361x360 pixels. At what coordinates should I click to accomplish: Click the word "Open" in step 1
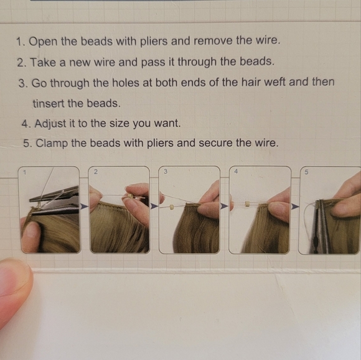[x=43, y=42]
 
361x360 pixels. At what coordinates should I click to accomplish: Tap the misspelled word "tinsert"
[x=48, y=103]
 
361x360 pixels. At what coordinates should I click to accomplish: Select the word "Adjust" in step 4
[x=50, y=124]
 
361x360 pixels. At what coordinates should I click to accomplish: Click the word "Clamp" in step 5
[x=52, y=143]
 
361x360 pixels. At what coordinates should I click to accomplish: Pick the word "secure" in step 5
[x=215, y=143]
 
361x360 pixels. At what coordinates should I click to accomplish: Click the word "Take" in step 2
[x=43, y=62]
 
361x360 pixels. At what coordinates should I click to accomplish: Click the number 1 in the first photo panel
[x=25, y=172]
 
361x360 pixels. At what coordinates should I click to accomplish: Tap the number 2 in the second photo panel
[x=96, y=172]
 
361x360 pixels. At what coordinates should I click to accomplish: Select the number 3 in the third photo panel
[x=166, y=172]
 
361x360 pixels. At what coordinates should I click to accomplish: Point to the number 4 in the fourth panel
[x=236, y=172]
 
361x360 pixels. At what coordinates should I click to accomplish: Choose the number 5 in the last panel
[x=306, y=172]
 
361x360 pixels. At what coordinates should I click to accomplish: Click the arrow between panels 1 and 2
[x=84, y=206]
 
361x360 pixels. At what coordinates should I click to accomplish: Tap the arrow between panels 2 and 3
[x=154, y=206]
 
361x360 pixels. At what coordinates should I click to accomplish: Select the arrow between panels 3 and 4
[x=224, y=206]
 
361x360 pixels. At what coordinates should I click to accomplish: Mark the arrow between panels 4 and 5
[x=295, y=207]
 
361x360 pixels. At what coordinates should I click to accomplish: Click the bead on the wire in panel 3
[x=171, y=207]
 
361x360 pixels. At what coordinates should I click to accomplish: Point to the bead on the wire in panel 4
[x=247, y=204]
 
